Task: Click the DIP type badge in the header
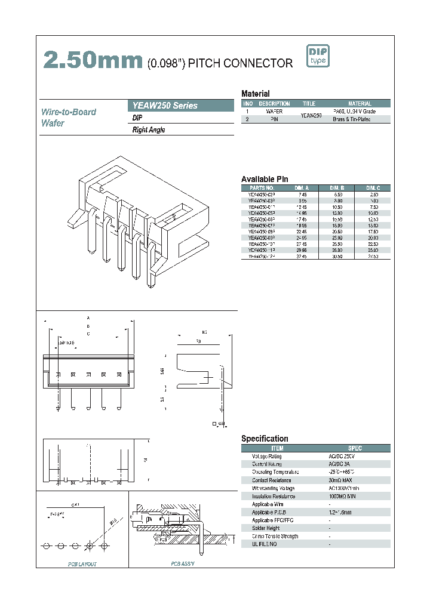318,56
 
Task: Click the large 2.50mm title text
93,61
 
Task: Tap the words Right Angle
149,130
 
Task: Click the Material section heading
255,94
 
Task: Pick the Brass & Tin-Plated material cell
360,119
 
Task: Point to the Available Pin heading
265,179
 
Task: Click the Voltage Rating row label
266,456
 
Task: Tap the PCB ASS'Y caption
183,563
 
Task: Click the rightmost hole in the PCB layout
105,546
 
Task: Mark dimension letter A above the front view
88,318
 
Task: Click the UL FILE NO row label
265,544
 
